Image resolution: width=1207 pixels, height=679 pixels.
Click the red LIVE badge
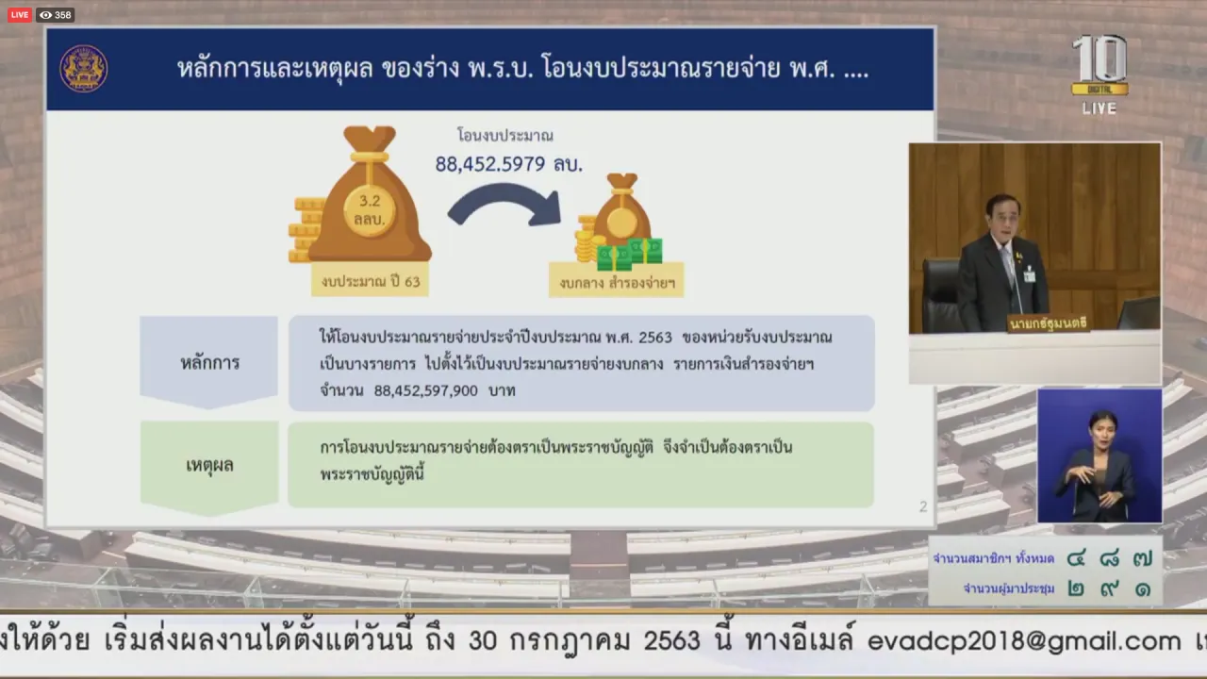coord(20,15)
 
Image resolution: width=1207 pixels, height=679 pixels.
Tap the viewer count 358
coord(63,15)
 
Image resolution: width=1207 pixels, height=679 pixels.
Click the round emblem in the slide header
coord(84,69)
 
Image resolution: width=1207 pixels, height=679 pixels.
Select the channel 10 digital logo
coord(1100,66)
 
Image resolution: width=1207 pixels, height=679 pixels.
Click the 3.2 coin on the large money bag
coord(370,210)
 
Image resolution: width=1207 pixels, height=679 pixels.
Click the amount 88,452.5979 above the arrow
coord(489,164)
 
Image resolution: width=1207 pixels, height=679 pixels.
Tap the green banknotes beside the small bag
coord(629,254)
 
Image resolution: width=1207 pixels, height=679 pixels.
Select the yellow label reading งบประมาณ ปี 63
coord(371,281)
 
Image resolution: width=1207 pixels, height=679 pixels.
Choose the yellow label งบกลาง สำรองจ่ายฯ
coord(617,282)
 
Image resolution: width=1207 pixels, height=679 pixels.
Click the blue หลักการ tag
coord(209,362)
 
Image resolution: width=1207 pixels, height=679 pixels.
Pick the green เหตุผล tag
coord(209,466)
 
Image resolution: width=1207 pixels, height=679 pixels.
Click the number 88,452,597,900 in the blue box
coord(425,390)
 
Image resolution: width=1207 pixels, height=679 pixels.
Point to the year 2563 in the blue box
coord(654,338)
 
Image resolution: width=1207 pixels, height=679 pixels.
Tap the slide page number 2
coord(923,506)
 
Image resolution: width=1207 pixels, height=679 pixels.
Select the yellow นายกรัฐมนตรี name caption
coord(1048,323)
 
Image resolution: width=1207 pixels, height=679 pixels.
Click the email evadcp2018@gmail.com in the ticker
coord(1024,640)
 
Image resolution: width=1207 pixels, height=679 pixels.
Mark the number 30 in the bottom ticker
coord(483,640)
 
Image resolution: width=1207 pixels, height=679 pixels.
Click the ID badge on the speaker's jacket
coord(1029,274)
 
